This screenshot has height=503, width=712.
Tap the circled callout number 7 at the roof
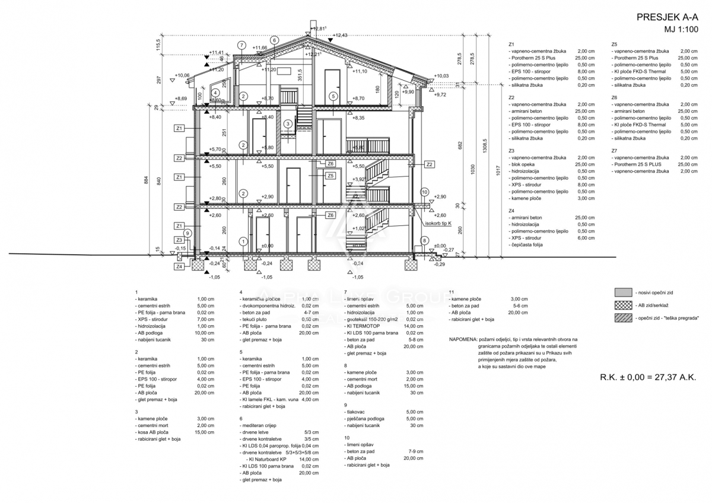(241, 45)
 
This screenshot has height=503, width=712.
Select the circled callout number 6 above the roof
(274, 40)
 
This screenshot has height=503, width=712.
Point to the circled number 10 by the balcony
(424, 192)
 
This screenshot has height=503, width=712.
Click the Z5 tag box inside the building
(330, 176)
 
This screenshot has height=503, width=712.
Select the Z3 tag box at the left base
(179, 240)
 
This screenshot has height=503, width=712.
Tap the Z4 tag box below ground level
(179, 267)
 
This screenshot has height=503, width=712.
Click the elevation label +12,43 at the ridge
(341, 36)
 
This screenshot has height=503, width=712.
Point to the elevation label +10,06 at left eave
(182, 75)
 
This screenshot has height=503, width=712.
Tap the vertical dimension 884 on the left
(146, 181)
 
